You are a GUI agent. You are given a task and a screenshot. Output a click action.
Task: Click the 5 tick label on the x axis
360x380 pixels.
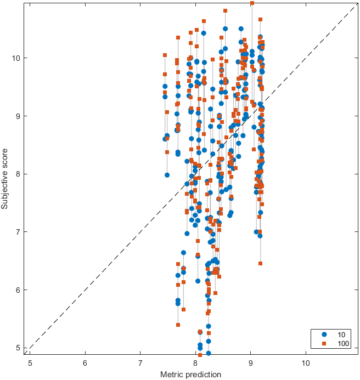pos(30,362)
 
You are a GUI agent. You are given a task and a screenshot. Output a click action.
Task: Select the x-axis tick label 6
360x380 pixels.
pos(85,362)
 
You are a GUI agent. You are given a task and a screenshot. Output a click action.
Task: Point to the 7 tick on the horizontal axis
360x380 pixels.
pos(140,362)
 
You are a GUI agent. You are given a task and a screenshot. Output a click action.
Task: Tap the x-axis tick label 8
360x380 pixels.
pos(195,362)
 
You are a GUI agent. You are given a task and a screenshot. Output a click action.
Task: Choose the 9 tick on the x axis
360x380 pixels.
pos(251,362)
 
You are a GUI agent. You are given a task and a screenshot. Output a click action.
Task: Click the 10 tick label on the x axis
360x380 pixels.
pos(306,362)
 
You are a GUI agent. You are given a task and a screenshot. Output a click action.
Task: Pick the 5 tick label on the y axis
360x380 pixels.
pos(19,348)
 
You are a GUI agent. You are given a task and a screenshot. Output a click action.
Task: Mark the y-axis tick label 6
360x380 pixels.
pos(19,290)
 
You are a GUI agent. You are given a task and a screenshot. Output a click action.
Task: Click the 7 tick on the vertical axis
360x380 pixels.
pos(19,232)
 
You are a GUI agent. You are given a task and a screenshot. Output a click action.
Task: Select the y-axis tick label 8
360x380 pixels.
pos(19,174)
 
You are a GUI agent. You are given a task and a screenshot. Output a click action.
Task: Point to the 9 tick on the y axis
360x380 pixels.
pos(19,116)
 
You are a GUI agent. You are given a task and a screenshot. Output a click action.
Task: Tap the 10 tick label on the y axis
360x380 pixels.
pos(17,58)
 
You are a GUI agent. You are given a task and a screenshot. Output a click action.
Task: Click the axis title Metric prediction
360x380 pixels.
pos(190,374)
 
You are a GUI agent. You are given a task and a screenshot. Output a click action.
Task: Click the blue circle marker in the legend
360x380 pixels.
pos(324,334)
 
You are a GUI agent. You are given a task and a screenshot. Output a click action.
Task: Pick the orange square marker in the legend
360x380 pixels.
pos(324,343)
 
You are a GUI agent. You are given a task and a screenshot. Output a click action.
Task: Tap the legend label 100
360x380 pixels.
pos(342,343)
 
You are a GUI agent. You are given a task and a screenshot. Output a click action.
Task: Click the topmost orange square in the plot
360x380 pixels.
pos(252,3)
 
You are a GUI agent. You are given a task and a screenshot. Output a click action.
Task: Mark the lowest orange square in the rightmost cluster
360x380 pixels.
pos(260,263)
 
